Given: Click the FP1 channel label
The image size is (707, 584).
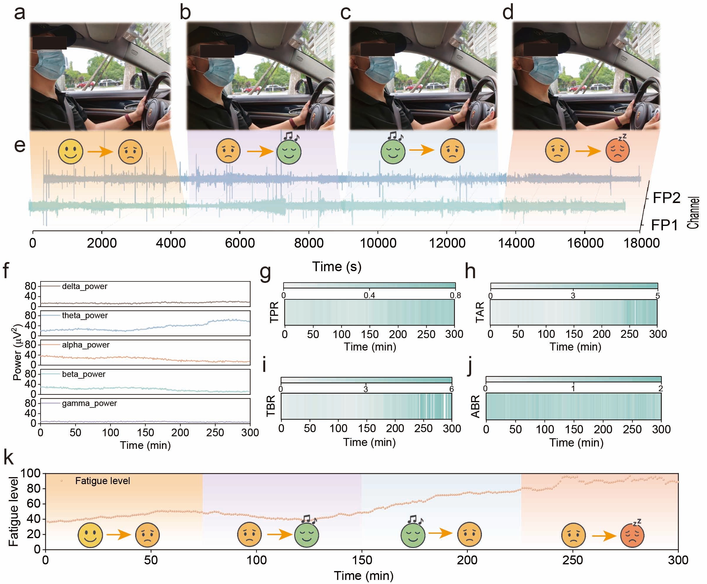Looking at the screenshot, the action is click(664, 225).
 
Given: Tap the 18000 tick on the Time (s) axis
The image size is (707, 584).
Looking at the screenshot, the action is click(641, 243).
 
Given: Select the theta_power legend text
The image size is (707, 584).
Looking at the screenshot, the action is click(85, 315).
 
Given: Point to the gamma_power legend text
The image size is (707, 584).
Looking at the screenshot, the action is click(89, 403).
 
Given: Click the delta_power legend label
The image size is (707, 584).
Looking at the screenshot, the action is click(84, 286).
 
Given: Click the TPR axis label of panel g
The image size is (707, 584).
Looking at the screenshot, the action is click(274, 312).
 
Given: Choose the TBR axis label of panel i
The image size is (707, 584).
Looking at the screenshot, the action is click(271, 406).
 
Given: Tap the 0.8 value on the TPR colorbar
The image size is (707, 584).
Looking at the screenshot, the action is click(455, 295).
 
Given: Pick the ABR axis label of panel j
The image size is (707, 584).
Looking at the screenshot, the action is click(475, 406).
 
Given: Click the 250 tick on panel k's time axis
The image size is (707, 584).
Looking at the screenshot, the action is click(572, 560).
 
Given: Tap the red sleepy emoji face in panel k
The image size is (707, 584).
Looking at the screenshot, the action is click(632, 535).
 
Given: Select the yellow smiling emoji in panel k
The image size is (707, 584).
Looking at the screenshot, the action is click(90, 535).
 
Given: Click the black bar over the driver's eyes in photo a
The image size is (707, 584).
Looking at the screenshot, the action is click(49, 43).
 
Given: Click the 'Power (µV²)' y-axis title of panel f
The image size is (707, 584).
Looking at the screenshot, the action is click(18, 352).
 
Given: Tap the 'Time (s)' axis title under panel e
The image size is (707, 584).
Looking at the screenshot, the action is click(337, 267).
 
